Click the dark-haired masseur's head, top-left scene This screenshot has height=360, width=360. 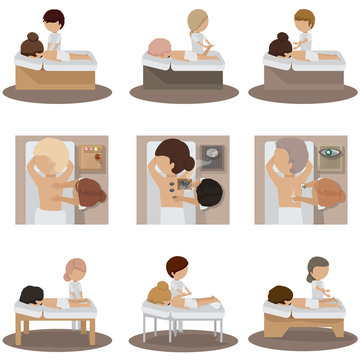[53, 19]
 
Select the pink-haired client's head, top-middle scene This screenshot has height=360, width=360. [159, 49]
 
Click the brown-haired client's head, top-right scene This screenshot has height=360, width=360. [280, 44]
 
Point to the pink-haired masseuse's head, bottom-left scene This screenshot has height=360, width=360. [76, 269]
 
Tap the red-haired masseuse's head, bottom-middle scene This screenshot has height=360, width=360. [178, 267]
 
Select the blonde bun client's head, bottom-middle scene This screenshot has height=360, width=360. [159, 291]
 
